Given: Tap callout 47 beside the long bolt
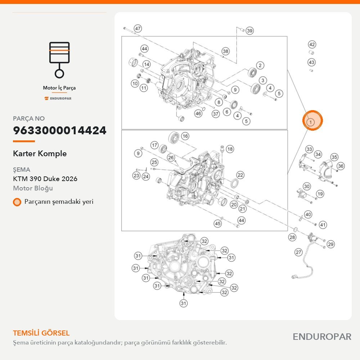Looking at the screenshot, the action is (x=138, y=28).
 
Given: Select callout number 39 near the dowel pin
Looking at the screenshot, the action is (x=249, y=31).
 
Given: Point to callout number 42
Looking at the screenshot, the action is (x=312, y=44).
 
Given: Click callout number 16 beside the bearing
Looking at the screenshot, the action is (x=185, y=136).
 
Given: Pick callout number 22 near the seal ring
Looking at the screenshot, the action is (x=240, y=175).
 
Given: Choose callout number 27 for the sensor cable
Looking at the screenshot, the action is (x=298, y=252).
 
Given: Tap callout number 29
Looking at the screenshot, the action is (x=330, y=244).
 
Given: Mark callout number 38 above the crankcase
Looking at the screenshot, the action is (x=226, y=51).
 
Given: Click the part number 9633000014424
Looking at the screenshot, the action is (x=60, y=130).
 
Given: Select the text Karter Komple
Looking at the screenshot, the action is (x=40, y=153).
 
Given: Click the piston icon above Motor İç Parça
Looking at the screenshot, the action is (x=59, y=60).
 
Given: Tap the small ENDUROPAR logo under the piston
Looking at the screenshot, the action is (x=58, y=99).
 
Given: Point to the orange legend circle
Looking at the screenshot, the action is (x=17, y=202).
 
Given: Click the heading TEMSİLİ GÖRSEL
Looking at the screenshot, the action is (x=41, y=333).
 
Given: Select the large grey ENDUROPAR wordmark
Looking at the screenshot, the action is (x=322, y=337).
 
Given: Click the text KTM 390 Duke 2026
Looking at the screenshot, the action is (x=45, y=179).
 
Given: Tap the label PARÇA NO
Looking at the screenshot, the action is (x=29, y=118).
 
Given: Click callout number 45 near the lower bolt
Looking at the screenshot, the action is (x=217, y=224).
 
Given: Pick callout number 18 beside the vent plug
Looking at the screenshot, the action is (x=230, y=149).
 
